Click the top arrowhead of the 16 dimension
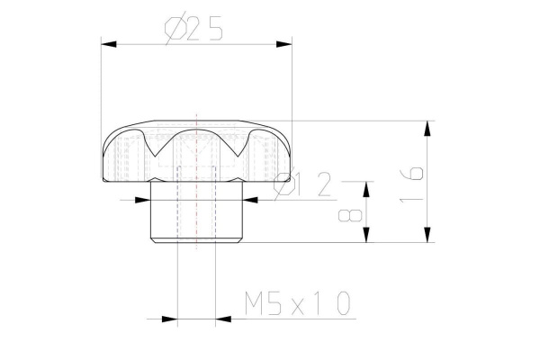pyautogui.click(x=423, y=127)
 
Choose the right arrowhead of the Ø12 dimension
pyautogui.click(x=255, y=200)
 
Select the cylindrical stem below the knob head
pyautogui.click(x=196, y=216)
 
